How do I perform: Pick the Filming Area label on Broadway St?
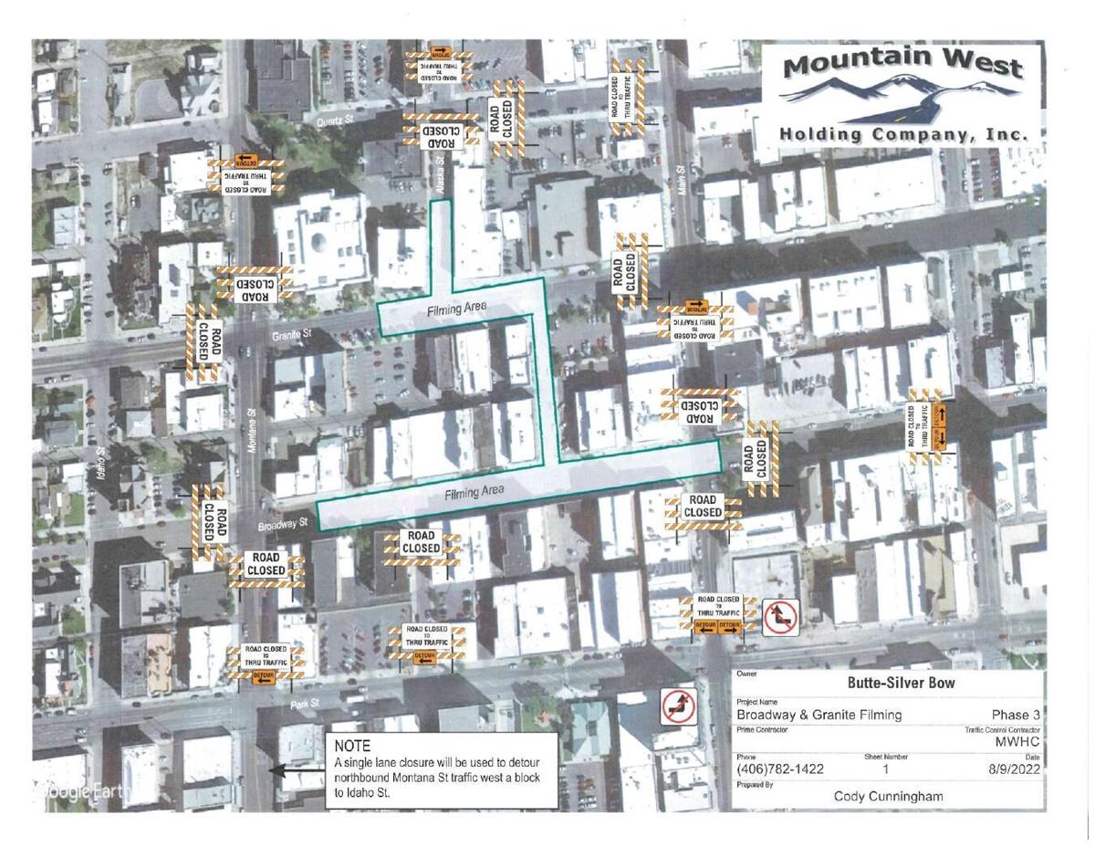(474, 492)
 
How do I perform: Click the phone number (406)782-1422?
(780, 769)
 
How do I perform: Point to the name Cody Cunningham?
(888, 795)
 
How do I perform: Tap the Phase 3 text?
(1015, 714)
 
